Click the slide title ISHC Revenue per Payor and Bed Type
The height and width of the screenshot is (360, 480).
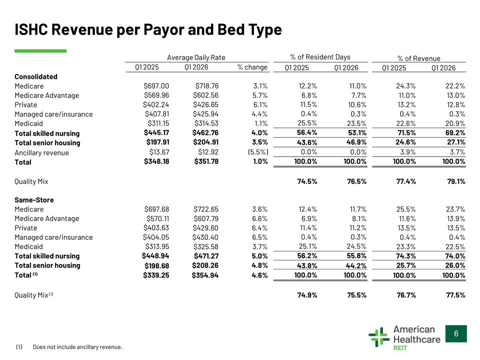tap(148, 29)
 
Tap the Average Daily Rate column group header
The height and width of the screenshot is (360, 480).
tap(196, 57)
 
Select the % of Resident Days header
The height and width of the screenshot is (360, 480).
tap(320, 57)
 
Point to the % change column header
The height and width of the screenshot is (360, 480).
tap(252, 67)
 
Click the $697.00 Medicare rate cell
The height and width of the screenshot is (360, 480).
tap(156, 86)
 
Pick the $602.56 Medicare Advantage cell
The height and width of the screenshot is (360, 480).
tap(205, 95)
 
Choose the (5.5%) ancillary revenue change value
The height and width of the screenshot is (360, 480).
tap(258, 152)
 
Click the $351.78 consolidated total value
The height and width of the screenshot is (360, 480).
tap(206, 161)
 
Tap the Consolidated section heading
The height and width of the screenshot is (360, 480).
tap(36, 76)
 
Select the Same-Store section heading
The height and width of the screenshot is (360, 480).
tap(34, 200)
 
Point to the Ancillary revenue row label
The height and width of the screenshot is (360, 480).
tap(41, 153)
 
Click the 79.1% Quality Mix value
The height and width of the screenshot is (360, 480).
tap(456, 181)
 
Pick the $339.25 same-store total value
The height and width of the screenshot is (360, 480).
tap(156, 275)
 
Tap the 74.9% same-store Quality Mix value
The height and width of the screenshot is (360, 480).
tap(307, 295)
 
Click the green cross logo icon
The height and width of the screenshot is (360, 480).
tap(379, 337)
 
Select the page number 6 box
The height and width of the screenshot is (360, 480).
tap(456, 333)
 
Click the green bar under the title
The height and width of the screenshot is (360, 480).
tap(40, 51)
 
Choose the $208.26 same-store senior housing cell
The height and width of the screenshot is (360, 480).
tap(205, 265)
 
